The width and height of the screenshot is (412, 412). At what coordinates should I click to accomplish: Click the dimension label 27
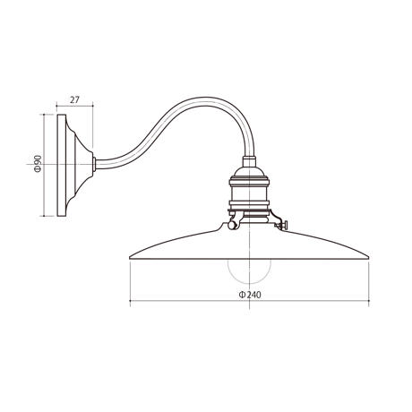(74, 99)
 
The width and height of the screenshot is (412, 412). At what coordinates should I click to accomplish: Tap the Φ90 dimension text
(38, 164)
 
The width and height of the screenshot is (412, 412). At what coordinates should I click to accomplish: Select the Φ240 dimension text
(250, 295)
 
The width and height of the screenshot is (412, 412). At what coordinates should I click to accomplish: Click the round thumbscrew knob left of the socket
(231, 225)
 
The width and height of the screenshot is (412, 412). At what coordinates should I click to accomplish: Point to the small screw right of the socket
(283, 225)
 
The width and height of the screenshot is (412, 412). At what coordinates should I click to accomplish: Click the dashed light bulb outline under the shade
(249, 279)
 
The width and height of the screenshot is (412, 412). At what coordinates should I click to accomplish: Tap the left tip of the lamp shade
(130, 257)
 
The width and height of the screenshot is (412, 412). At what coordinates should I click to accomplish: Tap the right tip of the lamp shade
(369, 257)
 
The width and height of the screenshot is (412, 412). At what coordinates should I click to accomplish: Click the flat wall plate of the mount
(62, 165)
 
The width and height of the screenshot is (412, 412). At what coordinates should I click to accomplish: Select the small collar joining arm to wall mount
(94, 164)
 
